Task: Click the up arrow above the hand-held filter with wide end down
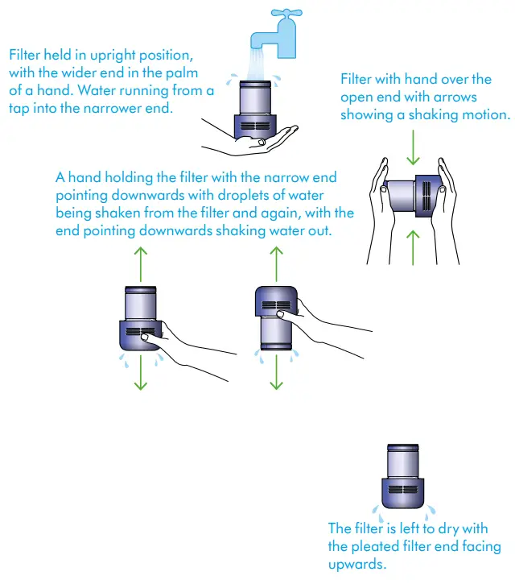click(x=142, y=262)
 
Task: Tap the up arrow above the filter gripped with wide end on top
click(x=276, y=262)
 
